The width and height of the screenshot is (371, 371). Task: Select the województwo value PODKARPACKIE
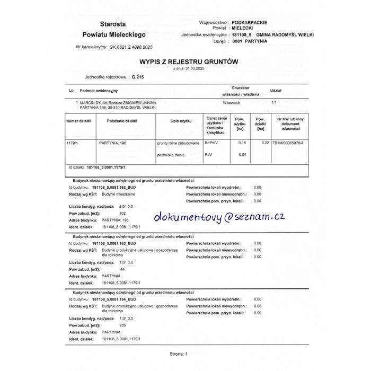250,22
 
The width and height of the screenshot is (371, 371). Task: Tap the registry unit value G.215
137,77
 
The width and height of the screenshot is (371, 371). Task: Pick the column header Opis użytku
181,121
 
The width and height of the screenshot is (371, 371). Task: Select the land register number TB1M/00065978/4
288,143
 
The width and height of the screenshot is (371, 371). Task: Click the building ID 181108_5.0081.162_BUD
114,187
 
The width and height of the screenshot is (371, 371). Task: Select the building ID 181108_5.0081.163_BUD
114,243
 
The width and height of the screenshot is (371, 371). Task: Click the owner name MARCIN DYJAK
96,102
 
